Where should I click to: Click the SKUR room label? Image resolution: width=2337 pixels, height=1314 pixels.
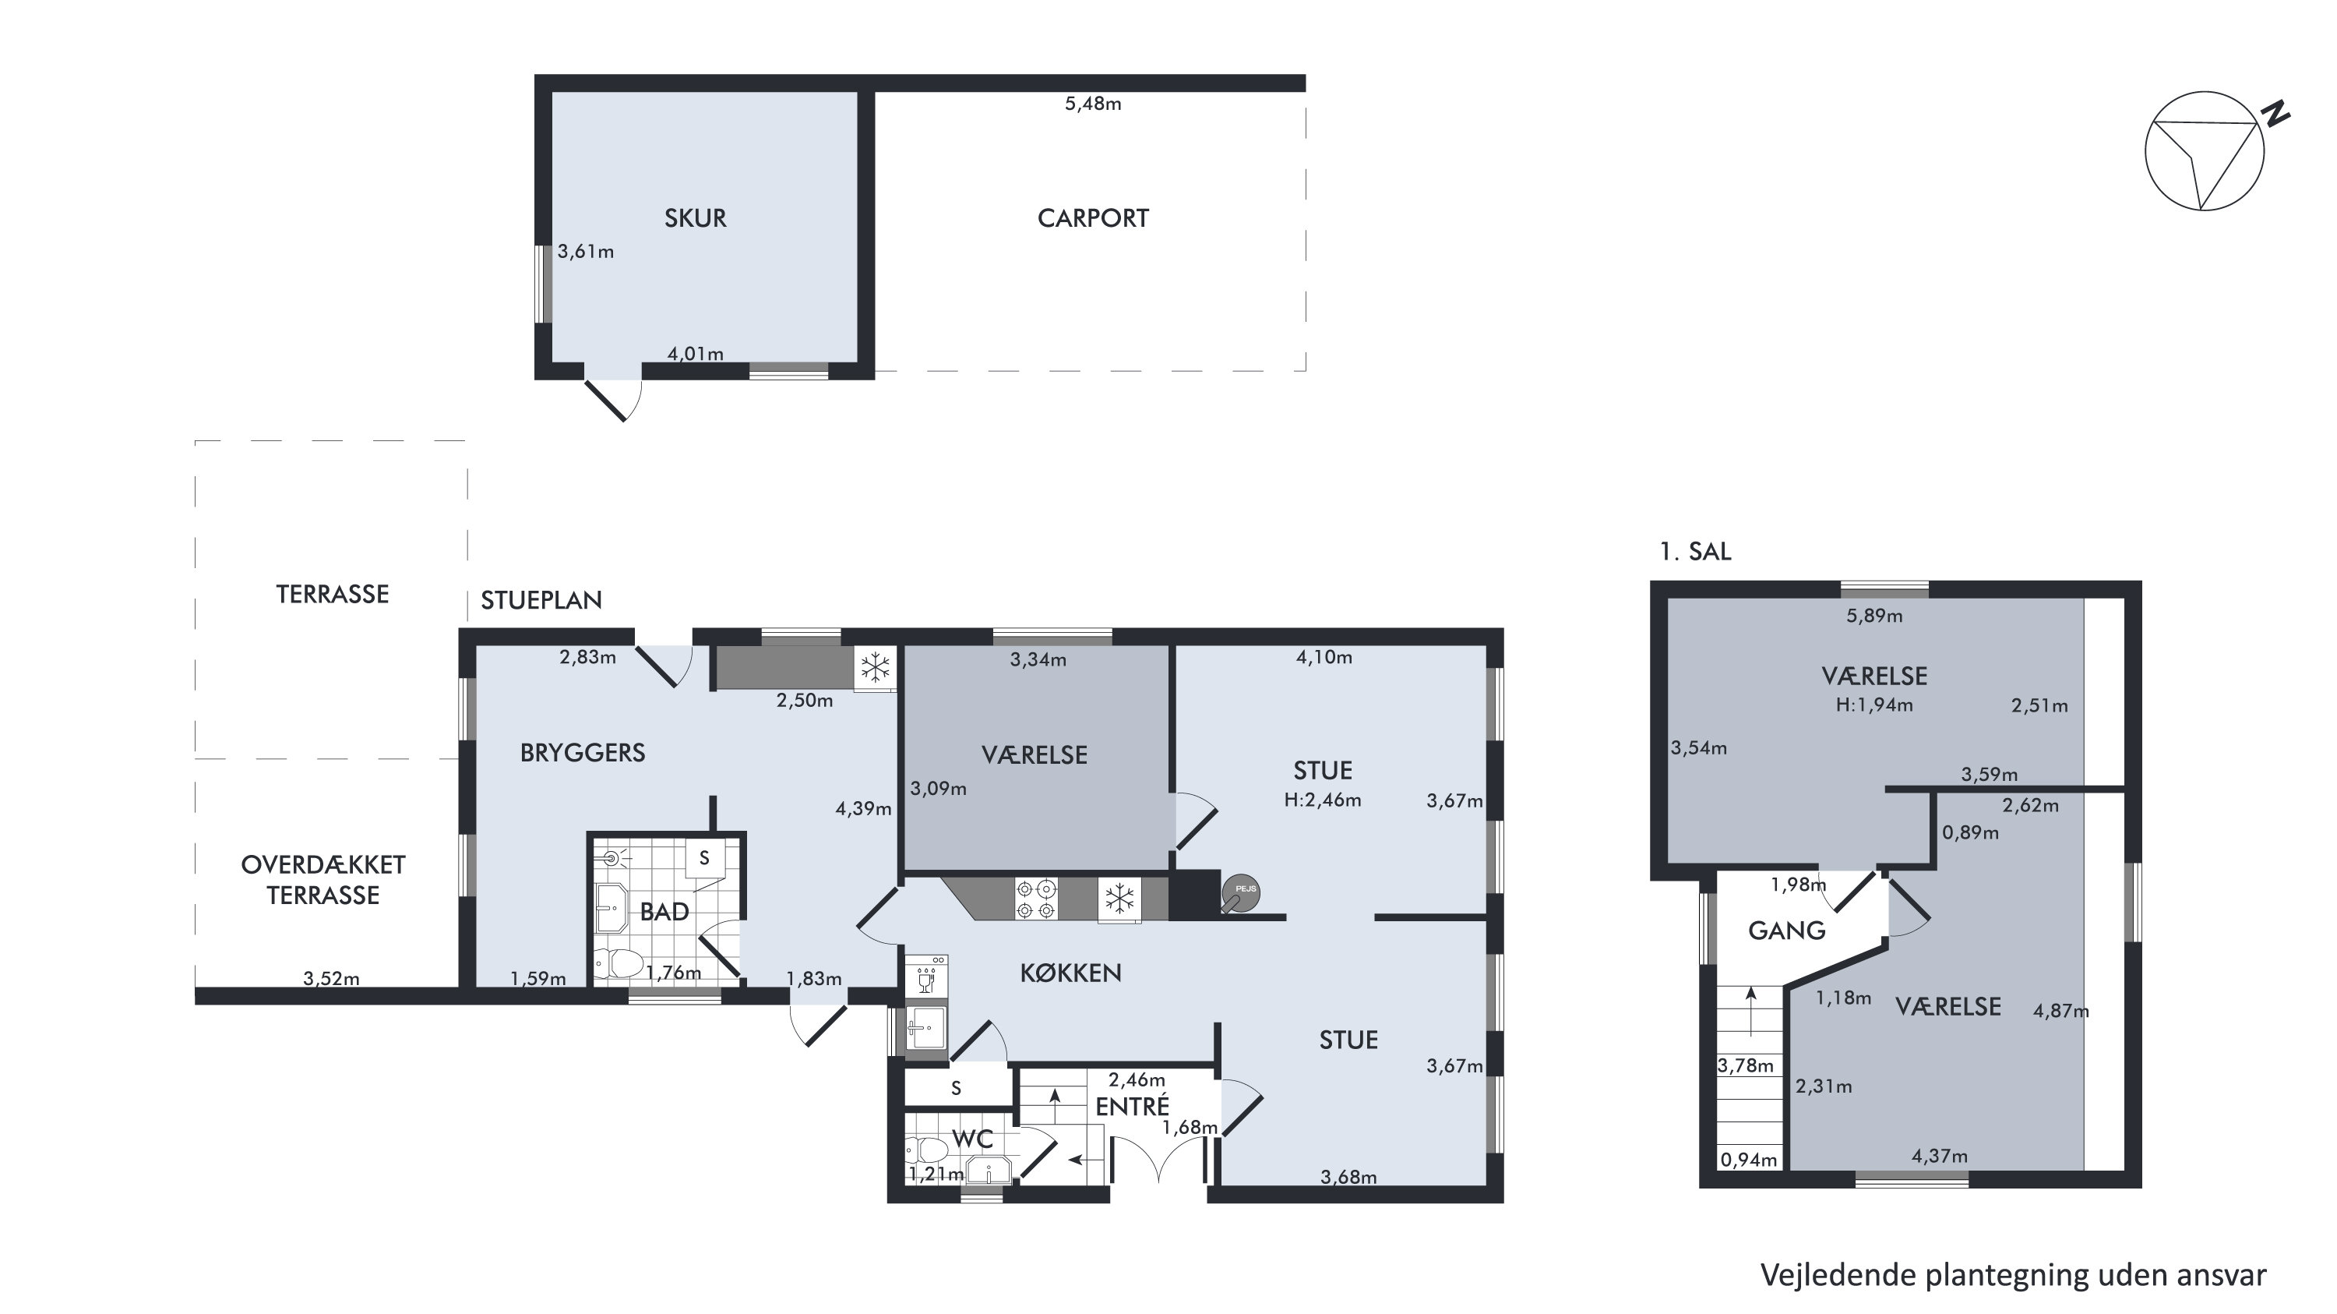pyautogui.click(x=695, y=217)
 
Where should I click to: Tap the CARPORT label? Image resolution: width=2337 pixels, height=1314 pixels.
pyautogui.click(x=1092, y=217)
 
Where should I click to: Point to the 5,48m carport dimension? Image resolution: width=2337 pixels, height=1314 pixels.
pyautogui.click(x=1092, y=104)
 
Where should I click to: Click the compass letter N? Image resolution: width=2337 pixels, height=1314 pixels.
pyautogui.click(x=2275, y=115)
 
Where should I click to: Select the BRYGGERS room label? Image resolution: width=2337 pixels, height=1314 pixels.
pyautogui.click(x=583, y=752)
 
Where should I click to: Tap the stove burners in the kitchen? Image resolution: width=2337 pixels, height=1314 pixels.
pyautogui.click(x=1036, y=899)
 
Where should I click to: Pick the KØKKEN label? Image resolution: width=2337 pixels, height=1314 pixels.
pyautogui.click(x=1070, y=973)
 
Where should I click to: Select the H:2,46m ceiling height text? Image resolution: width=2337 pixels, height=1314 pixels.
pyautogui.click(x=1322, y=800)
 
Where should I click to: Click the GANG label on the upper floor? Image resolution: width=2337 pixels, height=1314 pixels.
pyautogui.click(x=1786, y=930)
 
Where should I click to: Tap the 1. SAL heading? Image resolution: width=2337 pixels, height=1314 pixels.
pyautogui.click(x=1694, y=551)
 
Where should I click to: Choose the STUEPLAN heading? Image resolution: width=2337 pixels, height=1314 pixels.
pyautogui.click(x=541, y=600)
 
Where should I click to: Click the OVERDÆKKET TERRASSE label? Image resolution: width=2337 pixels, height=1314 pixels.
pyautogui.click(x=323, y=879)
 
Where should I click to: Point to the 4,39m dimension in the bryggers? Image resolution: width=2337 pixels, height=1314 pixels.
pyautogui.click(x=863, y=807)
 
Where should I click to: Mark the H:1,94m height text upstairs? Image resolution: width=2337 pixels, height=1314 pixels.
pyautogui.click(x=1873, y=705)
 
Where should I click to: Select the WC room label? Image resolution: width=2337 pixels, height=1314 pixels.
pyautogui.click(x=971, y=1138)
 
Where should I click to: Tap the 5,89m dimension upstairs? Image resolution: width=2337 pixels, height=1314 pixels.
pyautogui.click(x=1874, y=615)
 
